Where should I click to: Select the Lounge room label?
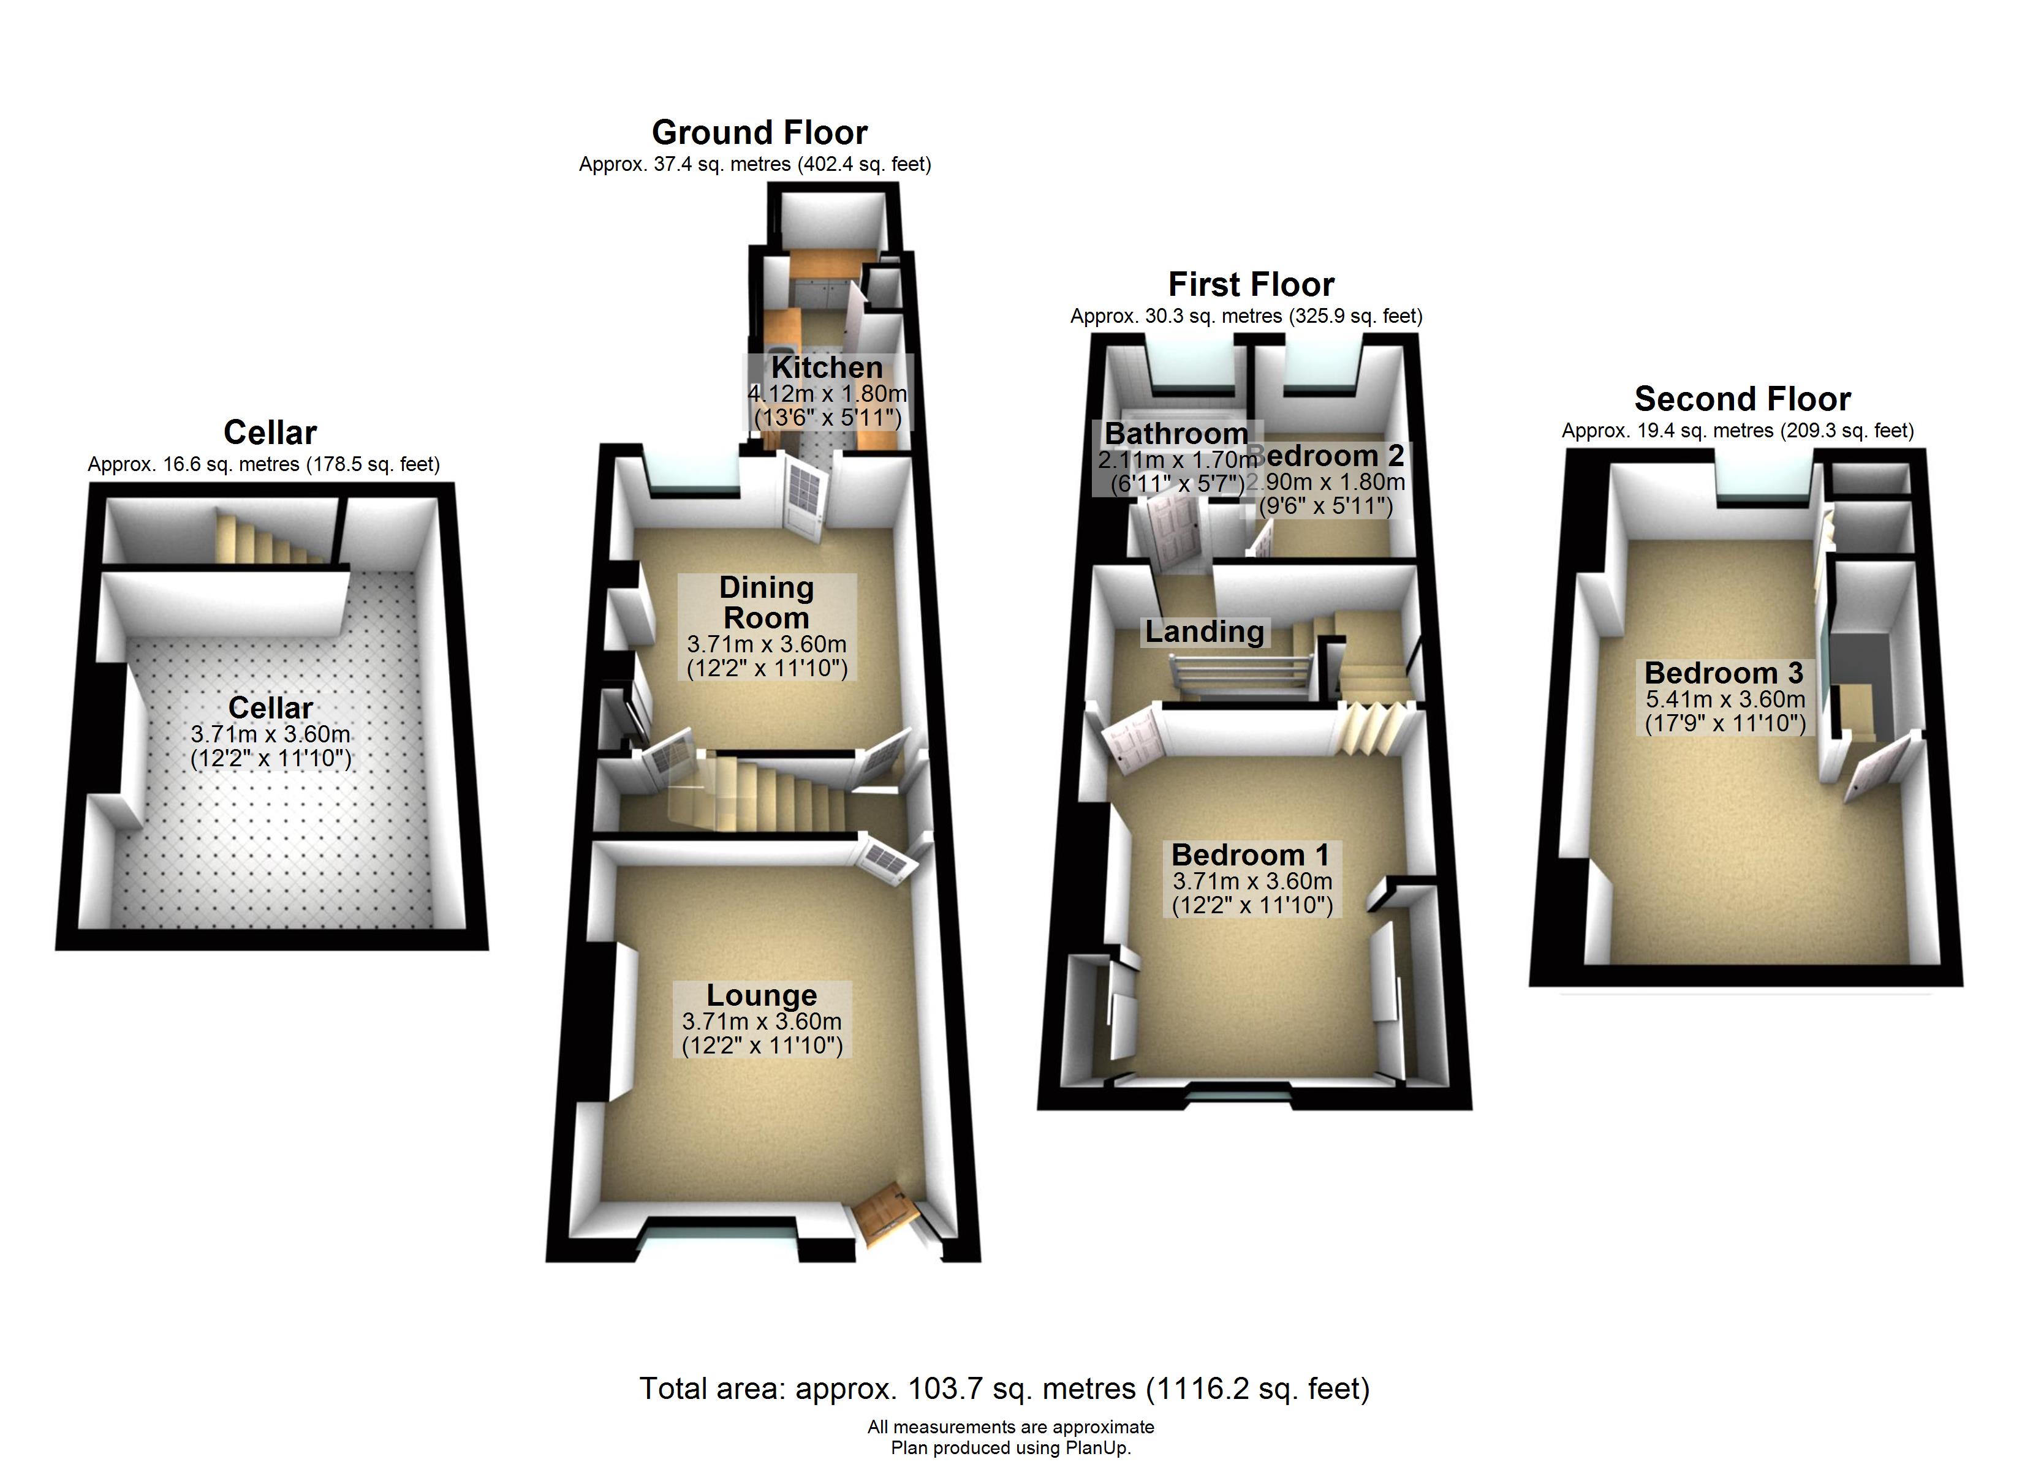tap(762, 994)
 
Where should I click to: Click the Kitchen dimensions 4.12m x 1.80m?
tap(827, 393)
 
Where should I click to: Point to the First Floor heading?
tap(1251, 284)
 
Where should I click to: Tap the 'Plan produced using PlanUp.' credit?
tap(1010, 1448)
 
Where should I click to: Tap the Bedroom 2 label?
tap(1333, 456)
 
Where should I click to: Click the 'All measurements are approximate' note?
tap(1010, 1427)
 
